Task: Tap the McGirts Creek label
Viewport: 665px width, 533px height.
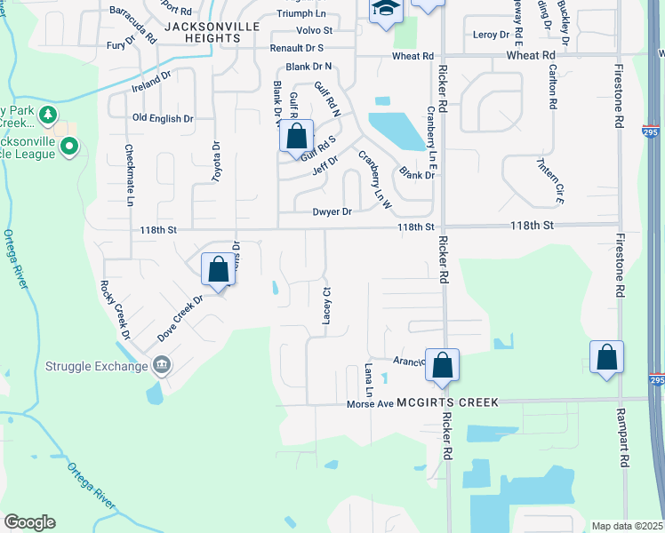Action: (447, 402)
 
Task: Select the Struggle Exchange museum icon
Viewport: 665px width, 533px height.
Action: (161, 364)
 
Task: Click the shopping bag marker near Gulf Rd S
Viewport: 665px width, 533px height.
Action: (297, 138)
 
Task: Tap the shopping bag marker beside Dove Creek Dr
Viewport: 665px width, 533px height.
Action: (219, 268)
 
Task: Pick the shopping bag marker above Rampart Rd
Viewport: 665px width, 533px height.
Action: (606, 358)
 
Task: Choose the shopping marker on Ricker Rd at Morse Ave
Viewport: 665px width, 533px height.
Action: (442, 364)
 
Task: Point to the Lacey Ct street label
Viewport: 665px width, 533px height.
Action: (326, 305)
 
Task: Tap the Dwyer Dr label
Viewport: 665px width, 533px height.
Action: (332, 211)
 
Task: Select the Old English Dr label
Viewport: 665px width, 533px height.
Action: (163, 118)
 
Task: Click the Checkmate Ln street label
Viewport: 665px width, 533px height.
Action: (129, 175)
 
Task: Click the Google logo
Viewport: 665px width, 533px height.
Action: (29, 522)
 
